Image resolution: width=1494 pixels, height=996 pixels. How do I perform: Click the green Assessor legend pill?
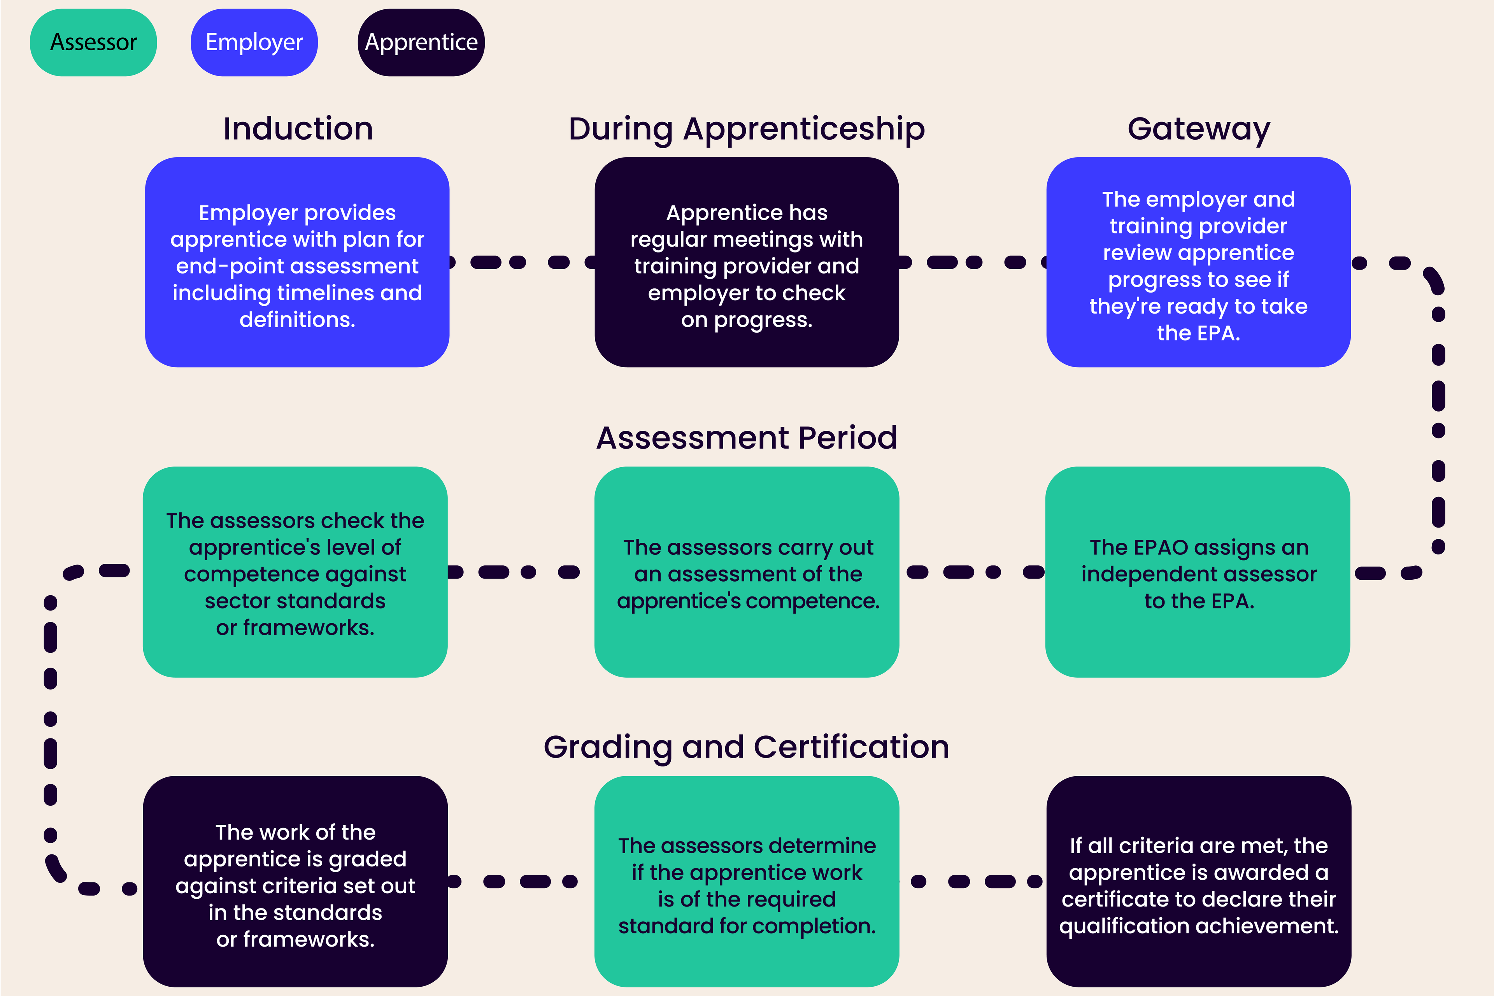(93, 42)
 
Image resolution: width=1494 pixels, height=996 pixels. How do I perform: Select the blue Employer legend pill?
(254, 42)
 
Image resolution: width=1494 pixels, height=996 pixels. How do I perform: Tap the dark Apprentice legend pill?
(421, 42)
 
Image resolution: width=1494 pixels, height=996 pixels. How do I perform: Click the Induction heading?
(298, 129)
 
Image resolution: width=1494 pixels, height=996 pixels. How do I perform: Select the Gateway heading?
(1199, 129)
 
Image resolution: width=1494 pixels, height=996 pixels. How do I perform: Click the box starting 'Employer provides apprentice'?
(297, 262)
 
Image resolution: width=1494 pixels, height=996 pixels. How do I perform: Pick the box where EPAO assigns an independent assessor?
(1198, 572)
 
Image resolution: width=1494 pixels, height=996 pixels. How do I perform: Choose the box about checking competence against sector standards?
(295, 572)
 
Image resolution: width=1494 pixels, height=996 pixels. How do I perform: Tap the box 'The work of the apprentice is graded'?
(295, 881)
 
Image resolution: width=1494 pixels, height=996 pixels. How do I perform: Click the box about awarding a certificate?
(1199, 881)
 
